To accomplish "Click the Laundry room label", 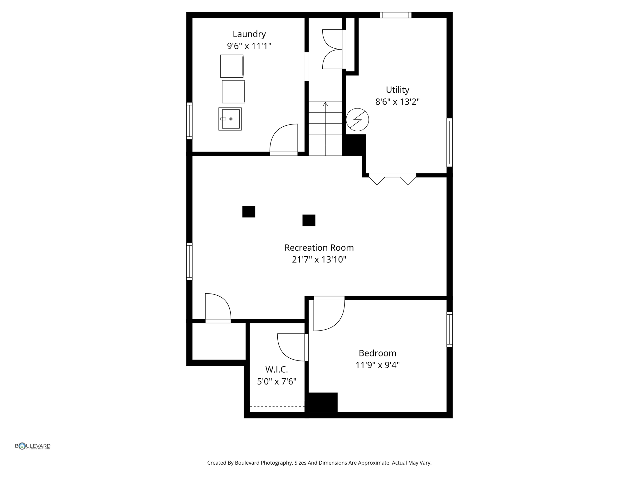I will tap(249, 34).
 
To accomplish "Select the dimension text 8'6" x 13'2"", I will tap(397, 102).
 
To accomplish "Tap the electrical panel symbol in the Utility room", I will tap(357, 119).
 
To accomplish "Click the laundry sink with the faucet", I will tap(230, 119).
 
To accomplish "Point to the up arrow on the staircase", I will tap(325, 104).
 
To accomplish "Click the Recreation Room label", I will tap(319, 248).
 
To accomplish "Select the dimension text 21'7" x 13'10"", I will tap(319, 259).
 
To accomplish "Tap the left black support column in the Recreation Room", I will tap(249, 211).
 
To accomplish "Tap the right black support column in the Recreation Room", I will tap(309, 220).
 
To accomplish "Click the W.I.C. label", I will tap(276, 370).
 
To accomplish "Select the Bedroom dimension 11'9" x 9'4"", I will tap(377, 365).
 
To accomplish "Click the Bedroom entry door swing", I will tap(328, 315).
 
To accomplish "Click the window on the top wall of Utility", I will tap(395, 15).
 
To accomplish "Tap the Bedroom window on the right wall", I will tap(449, 329).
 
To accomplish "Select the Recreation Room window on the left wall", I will tap(189, 261).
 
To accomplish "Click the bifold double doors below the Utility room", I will tap(393, 179).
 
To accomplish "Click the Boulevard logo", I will tap(33, 446).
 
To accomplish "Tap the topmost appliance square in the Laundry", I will tap(232, 66).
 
